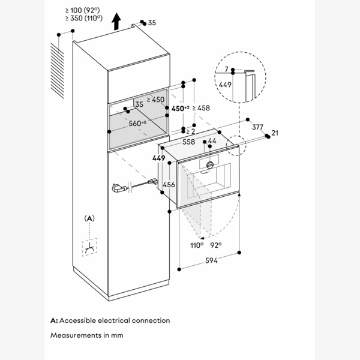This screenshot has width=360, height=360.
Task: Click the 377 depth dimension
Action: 257,127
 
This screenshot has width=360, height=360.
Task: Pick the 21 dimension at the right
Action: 274,133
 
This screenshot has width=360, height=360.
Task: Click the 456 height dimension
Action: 169,185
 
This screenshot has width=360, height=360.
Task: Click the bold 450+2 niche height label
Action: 181,109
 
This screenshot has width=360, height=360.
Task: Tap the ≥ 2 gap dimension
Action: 190,131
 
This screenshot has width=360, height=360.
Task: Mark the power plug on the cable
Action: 117,190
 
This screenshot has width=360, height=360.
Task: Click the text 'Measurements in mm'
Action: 87,335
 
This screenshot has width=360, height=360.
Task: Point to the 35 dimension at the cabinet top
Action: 151,23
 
